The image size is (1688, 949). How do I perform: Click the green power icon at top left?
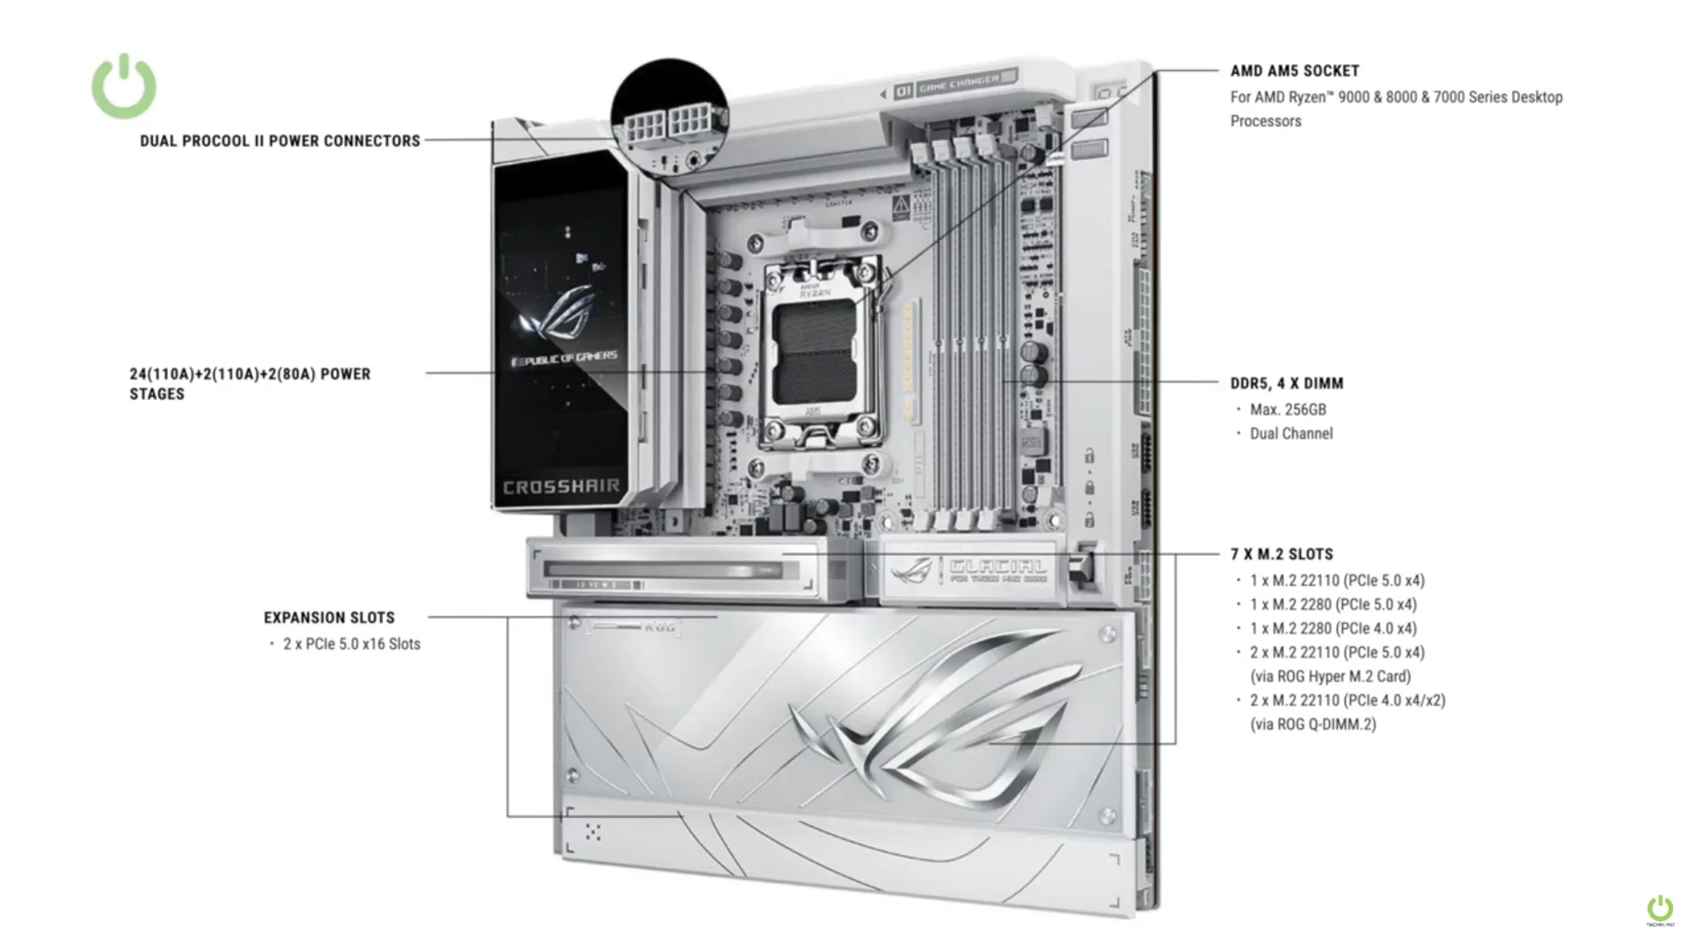pyautogui.click(x=124, y=86)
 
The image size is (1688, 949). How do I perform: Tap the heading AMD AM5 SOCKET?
pyautogui.click(x=1294, y=71)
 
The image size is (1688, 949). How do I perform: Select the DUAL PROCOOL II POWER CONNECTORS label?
pyautogui.click(x=280, y=141)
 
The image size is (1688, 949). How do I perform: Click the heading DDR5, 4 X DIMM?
pyautogui.click(x=1286, y=383)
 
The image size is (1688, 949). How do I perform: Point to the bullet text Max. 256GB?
pyautogui.click(x=1288, y=410)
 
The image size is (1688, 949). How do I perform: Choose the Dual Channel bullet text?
pyautogui.click(x=1290, y=434)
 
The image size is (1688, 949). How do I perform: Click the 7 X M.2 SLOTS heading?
pyautogui.click(x=1282, y=554)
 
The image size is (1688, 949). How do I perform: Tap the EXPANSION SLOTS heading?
pyautogui.click(x=329, y=618)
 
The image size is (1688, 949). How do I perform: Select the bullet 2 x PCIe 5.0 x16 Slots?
pyautogui.click(x=351, y=644)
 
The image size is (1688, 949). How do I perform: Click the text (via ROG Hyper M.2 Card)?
pyautogui.click(x=1330, y=676)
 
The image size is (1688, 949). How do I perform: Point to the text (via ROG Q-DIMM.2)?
pyautogui.click(x=1312, y=725)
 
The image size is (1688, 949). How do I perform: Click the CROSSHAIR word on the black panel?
pyautogui.click(x=561, y=487)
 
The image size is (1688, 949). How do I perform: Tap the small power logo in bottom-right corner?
pyautogui.click(x=1660, y=909)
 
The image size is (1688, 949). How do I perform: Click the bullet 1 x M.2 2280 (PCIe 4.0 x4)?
pyautogui.click(x=1333, y=629)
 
